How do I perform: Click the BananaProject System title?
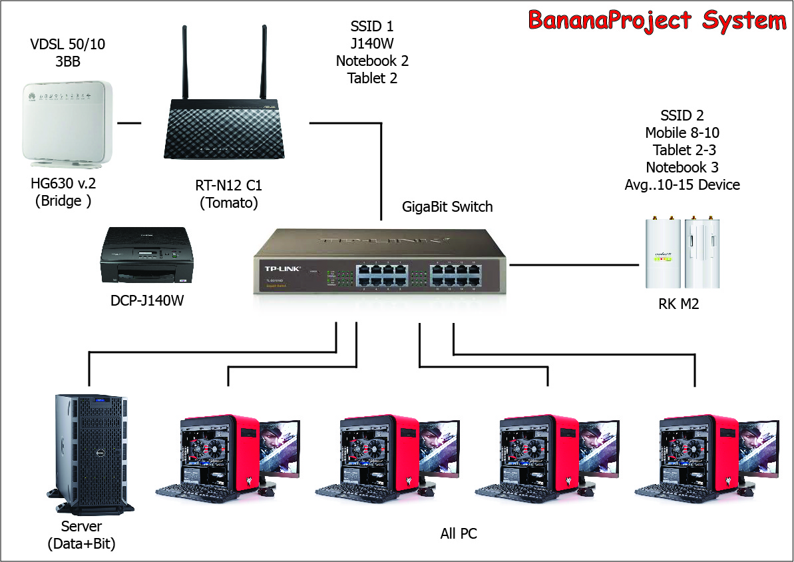click(657, 20)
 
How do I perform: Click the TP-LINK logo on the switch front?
click(280, 269)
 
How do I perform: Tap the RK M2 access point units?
click(682, 252)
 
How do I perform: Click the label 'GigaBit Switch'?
click(447, 206)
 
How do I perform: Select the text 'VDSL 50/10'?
click(68, 45)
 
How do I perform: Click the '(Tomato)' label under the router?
click(228, 203)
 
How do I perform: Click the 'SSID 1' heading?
click(371, 27)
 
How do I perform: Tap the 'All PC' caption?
click(459, 533)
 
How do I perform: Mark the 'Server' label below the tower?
click(81, 527)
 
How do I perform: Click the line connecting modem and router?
click(129, 123)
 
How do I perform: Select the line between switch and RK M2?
click(574, 264)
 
